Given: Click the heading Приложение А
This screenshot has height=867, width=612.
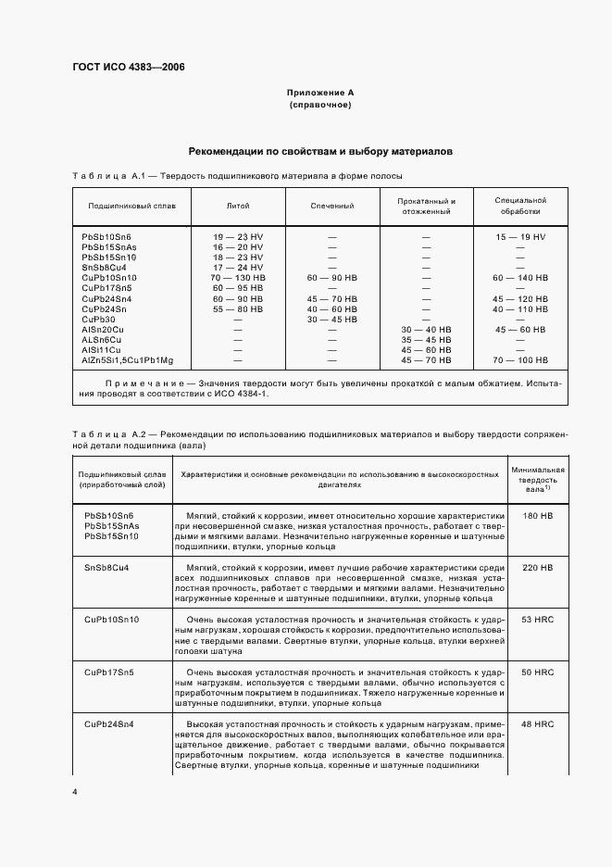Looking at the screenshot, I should [319, 93].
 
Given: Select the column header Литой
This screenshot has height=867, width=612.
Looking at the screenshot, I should [238, 205].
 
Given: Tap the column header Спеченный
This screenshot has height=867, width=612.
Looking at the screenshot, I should [332, 205].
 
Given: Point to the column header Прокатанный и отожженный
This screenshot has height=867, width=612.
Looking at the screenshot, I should [426, 205].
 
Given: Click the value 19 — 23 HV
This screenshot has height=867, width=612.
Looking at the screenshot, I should [238, 238].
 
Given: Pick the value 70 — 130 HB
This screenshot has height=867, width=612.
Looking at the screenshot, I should [238, 277].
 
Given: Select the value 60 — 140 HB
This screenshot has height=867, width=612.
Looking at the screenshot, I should [520, 277].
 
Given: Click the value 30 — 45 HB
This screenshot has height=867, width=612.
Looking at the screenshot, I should [332, 319].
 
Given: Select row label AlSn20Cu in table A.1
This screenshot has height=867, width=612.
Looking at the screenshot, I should [104, 329].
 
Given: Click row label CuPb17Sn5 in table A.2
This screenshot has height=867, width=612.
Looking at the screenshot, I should [109, 672].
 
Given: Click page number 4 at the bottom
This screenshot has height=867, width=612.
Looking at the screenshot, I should [74, 793].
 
